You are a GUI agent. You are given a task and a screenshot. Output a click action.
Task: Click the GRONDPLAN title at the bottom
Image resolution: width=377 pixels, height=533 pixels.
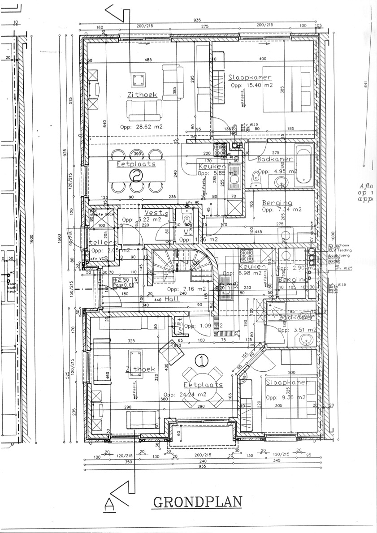tap(197, 502)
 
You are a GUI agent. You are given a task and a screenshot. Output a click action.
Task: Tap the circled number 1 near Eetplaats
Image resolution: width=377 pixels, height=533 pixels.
tap(203, 359)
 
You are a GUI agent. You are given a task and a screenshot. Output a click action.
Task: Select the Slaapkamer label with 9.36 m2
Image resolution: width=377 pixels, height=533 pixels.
tap(287, 383)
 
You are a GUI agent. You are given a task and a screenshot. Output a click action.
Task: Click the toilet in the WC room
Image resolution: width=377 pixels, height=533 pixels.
tap(187, 219)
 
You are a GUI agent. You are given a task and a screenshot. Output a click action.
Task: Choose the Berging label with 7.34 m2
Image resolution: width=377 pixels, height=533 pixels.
tap(277, 202)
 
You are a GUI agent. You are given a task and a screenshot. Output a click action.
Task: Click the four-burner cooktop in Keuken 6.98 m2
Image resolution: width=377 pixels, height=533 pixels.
tap(247, 255)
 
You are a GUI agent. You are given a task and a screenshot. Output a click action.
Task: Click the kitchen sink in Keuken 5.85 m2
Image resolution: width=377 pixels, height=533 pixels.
tap(234, 181)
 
